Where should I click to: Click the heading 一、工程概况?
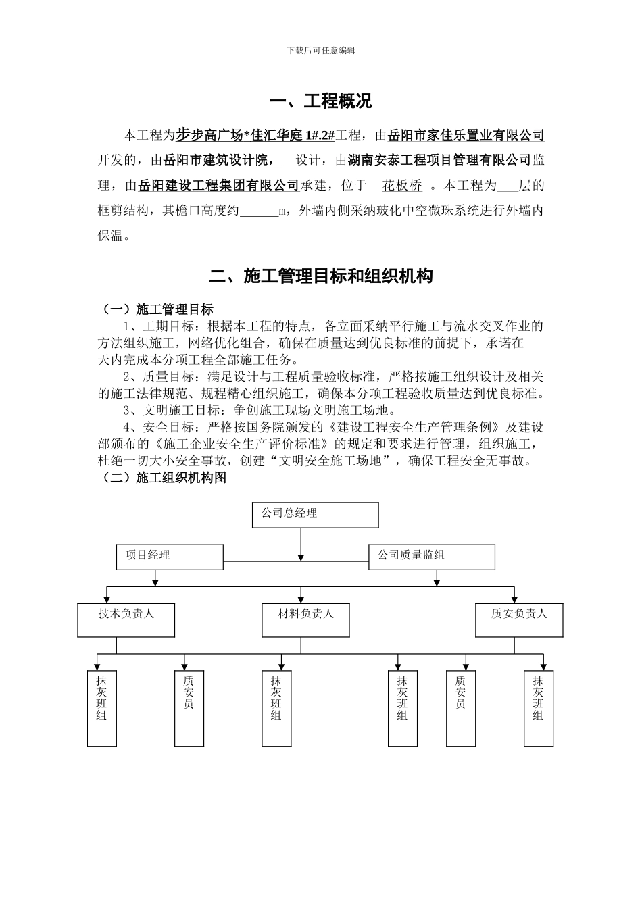point(320,102)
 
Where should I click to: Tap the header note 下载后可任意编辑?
point(321,51)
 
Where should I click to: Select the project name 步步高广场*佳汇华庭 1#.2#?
point(255,136)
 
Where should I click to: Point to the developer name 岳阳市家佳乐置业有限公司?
point(466,136)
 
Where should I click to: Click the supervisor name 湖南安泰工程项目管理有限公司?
point(439,161)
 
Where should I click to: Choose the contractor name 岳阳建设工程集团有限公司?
point(218,185)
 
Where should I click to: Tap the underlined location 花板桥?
point(402,185)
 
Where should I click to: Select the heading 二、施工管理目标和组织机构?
point(320,276)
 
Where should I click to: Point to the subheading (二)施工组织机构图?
point(163,478)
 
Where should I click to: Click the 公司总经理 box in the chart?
point(315,515)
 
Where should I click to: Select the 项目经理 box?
point(170,557)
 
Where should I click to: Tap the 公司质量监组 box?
point(432,557)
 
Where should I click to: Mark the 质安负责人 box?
point(519,620)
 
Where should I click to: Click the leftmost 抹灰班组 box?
point(101,707)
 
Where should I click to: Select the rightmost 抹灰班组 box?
point(538,707)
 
